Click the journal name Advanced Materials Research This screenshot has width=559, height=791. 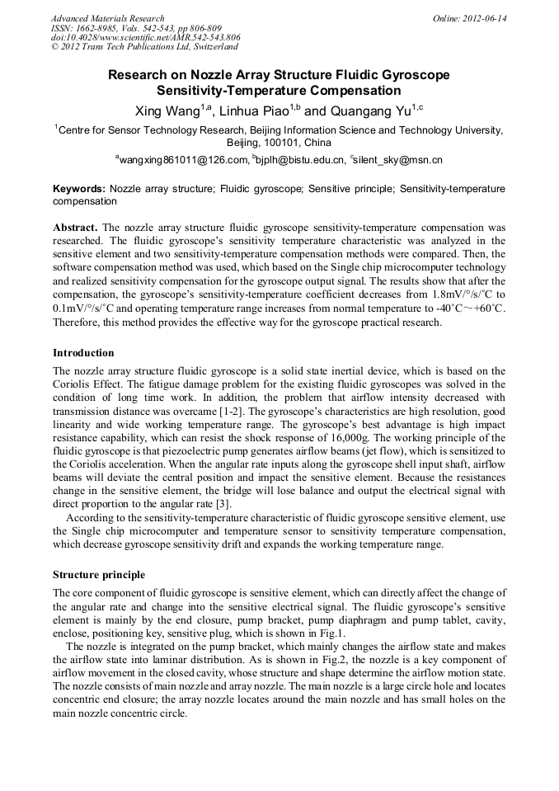point(107,18)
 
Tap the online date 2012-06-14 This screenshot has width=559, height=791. point(483,18)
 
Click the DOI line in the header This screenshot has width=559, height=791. point(146,37)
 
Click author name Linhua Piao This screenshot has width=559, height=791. point(252,111)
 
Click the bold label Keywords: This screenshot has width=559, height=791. point(79,189)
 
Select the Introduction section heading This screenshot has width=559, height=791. point(83,353)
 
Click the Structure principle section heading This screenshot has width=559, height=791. point(99,574)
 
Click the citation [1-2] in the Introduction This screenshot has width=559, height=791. point(235,411)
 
